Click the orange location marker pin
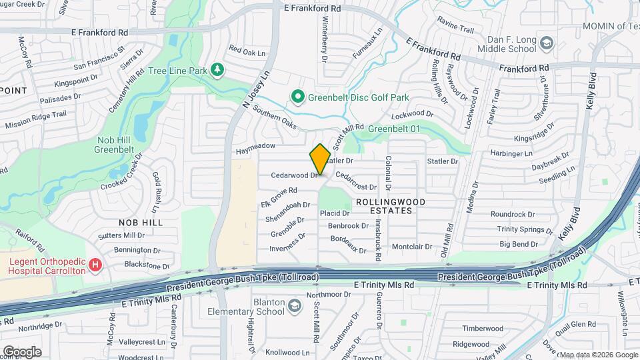point(320,159)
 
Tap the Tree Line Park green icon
point(217,70)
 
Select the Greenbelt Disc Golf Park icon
point(298,97)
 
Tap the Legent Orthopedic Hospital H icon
point(95,265)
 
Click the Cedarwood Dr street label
point(294,175)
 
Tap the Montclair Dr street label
point(412,246)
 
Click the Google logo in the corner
point(22,352)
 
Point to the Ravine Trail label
point(456,30)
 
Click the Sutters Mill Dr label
point(121,235)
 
